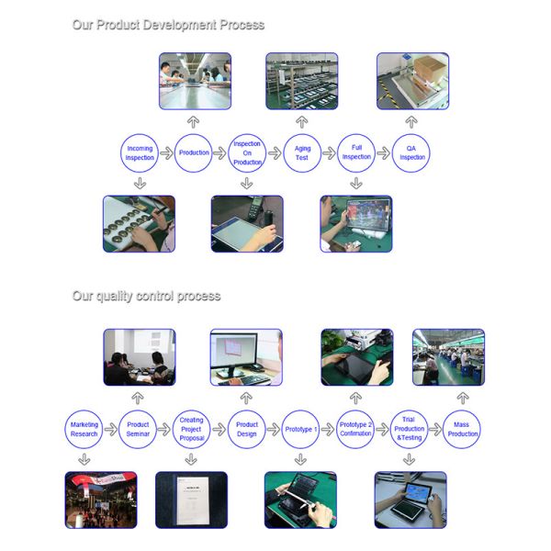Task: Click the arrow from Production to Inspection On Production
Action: tap(220, 152)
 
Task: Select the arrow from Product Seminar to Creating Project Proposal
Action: tap(164, 429)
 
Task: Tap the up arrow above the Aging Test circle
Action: tap(302, 122)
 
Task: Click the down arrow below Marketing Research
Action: tap(84, 459)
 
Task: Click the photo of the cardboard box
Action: tap(413, 81)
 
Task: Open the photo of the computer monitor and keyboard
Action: tap(246, 357)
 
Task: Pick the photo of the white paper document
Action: tap(192, 500)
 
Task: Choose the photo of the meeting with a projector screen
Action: tap(140, 357)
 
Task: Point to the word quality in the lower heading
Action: tap(114, 297)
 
